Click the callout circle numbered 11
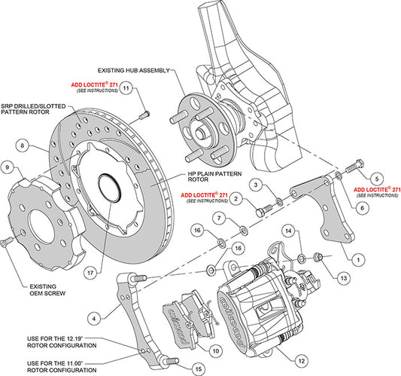coord(127,88)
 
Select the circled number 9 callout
coord(8,167)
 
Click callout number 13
coord(345,278)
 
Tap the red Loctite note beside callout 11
coord(93,88)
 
